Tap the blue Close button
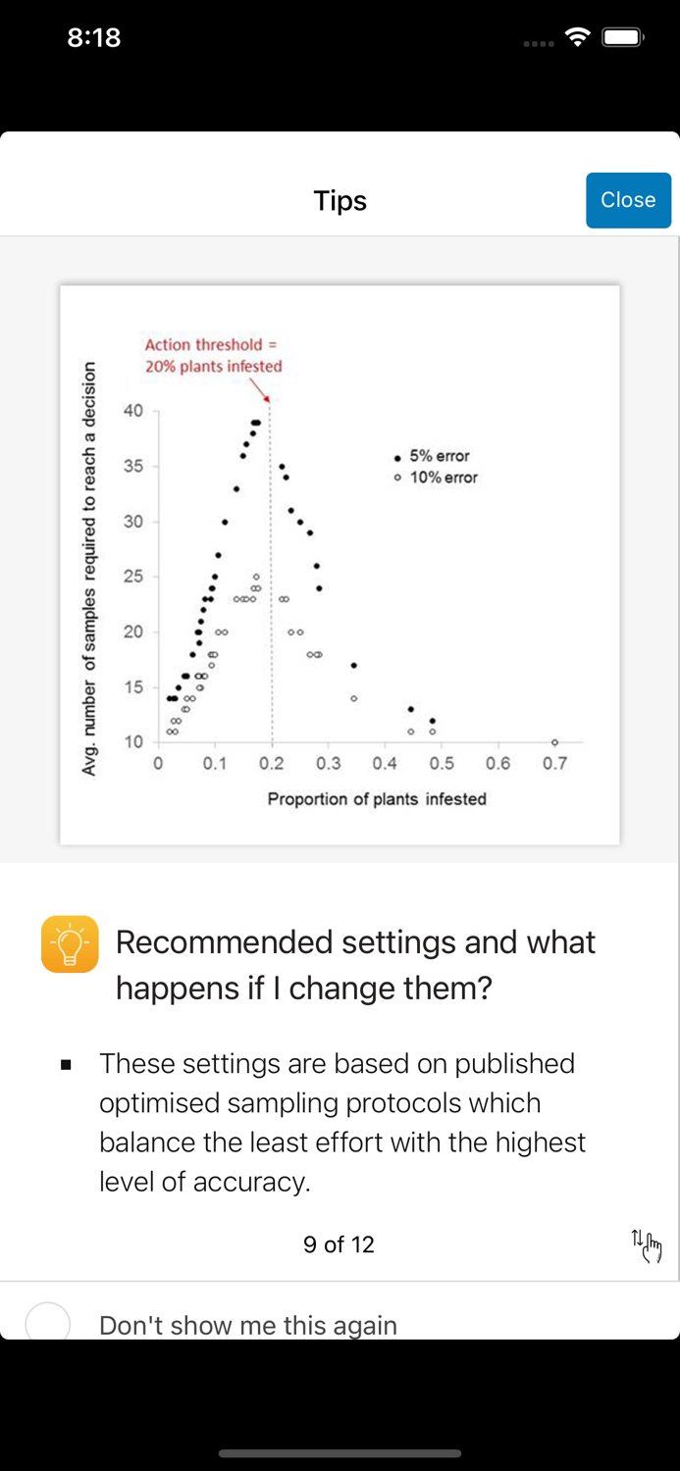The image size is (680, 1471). [628, 200]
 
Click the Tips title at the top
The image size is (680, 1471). [340, 201]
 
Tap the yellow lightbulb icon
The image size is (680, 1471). [70, 944]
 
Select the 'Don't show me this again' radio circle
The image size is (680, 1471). [47, 1324]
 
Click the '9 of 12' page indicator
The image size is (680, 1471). [339, 1244]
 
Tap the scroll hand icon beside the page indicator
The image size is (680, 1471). [647, 1245]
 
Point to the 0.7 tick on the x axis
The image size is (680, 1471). [554, 763]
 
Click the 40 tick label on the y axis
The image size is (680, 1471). [133, 411]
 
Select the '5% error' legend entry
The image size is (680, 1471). [433, 456]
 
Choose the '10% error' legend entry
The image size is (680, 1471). [437, 478]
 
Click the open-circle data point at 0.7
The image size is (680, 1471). [554, 742]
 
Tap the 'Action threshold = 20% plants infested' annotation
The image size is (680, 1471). [213, 355]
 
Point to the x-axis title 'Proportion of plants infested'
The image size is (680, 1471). [377, 799]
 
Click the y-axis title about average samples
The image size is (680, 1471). [89, 569]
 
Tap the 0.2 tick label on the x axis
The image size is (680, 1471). [272, 763]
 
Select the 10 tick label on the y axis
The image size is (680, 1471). [133, 741]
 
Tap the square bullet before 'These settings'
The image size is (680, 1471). [66, 1064]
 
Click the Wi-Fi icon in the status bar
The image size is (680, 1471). [578, 37]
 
